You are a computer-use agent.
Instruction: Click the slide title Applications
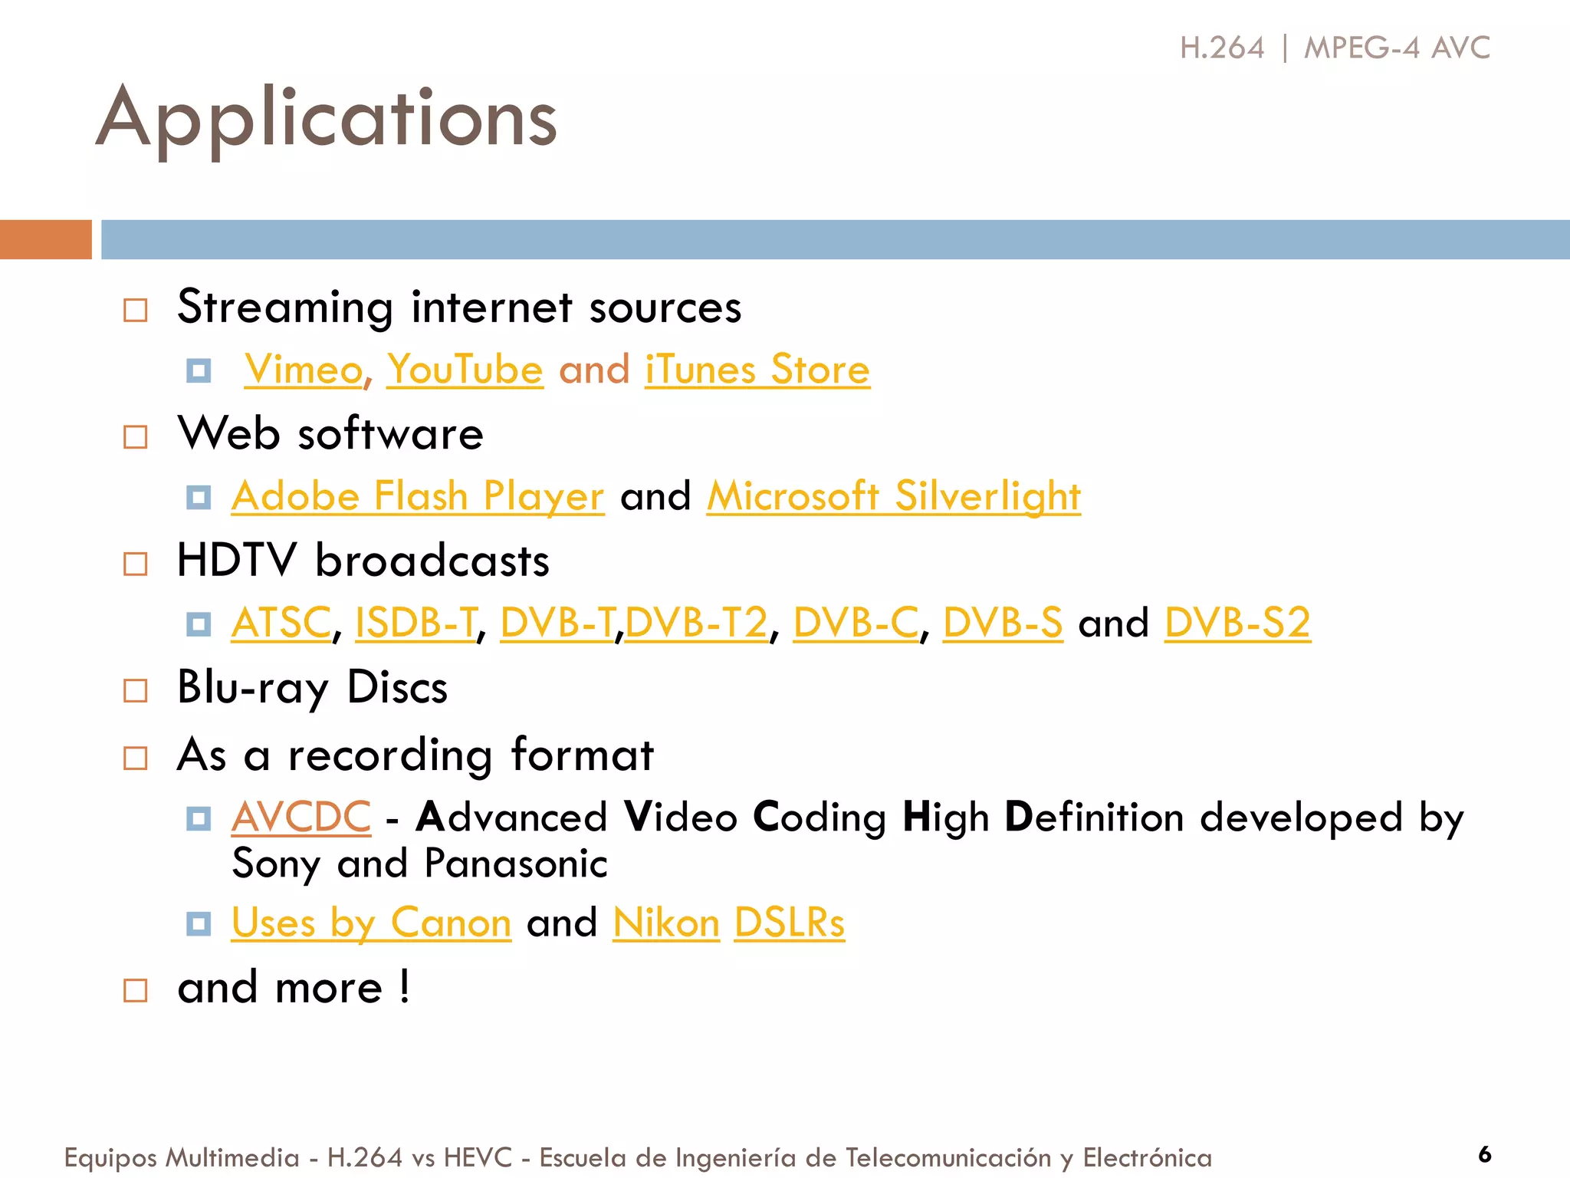(x=327, y=119)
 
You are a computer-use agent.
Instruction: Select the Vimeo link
(x=304, y=370)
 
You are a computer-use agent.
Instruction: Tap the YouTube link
(x=465, y=370)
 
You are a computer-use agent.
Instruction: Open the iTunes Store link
(x=757, y=370)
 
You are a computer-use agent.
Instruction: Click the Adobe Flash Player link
(x=418, y=496)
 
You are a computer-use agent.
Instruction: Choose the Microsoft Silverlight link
(x=893, y=496)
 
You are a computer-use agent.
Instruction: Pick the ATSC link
(x=281, y=622)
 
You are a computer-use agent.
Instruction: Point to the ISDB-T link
(x=416, y=622)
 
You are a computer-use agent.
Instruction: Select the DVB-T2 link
(x=697, y=622)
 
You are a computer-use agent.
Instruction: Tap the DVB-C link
(x=856, y=622)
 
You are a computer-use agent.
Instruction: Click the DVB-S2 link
(x=1237, y=622)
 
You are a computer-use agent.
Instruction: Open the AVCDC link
(x=301, y=817)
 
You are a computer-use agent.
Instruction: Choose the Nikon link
(x=666, y=923)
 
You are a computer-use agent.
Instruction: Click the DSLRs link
(x=790, y=923)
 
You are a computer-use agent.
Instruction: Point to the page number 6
(x=1485, y=1154)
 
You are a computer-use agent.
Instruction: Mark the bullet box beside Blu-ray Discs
(x=136, y=690)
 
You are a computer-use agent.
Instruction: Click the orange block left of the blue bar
(x=46, y=239)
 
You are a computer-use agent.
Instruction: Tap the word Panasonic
(x=516, y=864)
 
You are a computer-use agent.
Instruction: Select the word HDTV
(x=236, y=560)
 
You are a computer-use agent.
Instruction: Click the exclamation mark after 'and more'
(x=404, y=986)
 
